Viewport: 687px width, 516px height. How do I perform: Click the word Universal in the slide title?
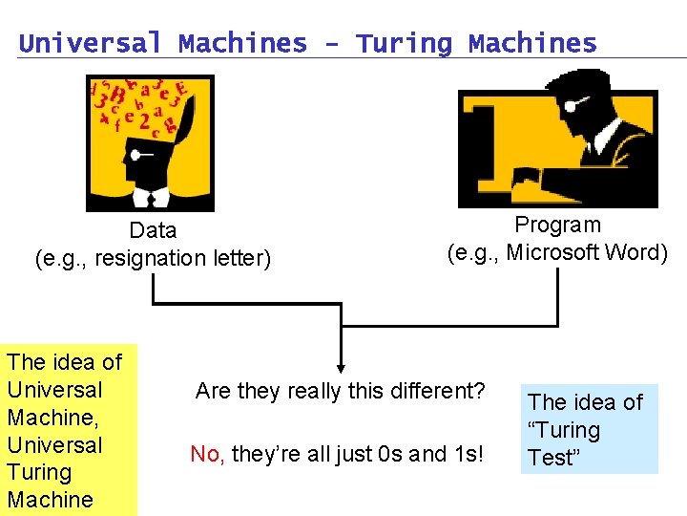pos(92,43)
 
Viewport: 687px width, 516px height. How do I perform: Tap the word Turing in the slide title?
pos(405,43)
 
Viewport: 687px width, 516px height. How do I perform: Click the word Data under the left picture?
pos(154,230)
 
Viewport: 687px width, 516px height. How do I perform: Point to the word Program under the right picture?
pos(558,225)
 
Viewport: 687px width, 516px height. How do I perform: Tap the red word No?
pos(207,454)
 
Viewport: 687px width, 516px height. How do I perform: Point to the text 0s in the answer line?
pos(389,454)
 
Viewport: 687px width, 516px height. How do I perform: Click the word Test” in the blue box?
pos(554,458)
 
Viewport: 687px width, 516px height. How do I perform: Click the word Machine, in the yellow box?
pos(52,418)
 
